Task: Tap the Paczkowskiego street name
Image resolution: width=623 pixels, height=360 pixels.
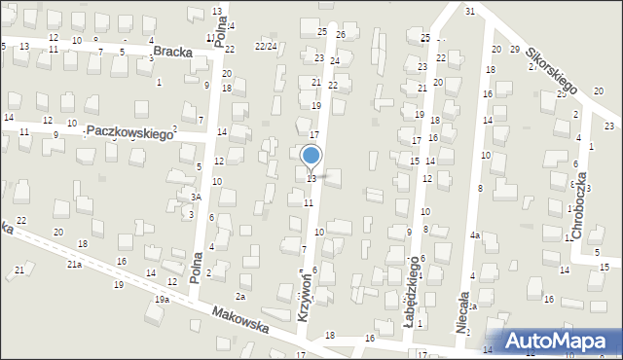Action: point(128,131)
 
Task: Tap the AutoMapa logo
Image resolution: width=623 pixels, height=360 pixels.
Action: point(562,340)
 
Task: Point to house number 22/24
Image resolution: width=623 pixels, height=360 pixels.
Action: point(266,46)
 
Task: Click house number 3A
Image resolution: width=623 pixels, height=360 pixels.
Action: point(196,197)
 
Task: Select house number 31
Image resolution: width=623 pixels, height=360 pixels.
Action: point(469,11)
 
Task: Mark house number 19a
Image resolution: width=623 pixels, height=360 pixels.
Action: point(161,300)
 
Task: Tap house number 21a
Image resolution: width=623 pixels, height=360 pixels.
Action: point(74,265)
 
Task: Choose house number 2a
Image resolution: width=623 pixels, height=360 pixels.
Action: point(240,296)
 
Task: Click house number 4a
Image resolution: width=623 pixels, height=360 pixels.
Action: point(475,235)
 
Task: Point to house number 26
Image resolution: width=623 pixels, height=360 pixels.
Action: point(341,35)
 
